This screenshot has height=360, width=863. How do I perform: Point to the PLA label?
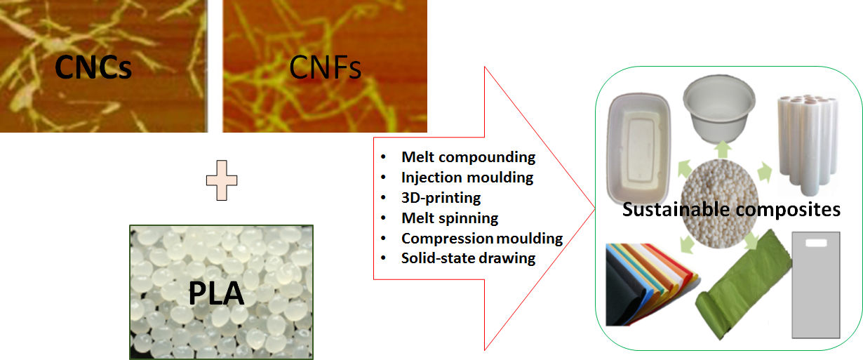click(216, 293)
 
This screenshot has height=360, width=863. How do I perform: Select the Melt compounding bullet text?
click(468, 157)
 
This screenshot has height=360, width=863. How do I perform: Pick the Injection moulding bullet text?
click(467, 178)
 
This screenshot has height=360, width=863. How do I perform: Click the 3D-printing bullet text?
click(441, 198)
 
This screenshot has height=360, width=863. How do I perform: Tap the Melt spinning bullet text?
click(450, 218)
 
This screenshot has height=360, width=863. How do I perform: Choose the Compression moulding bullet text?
click(482, 239)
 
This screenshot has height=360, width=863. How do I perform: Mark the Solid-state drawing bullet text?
click(468, 258)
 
